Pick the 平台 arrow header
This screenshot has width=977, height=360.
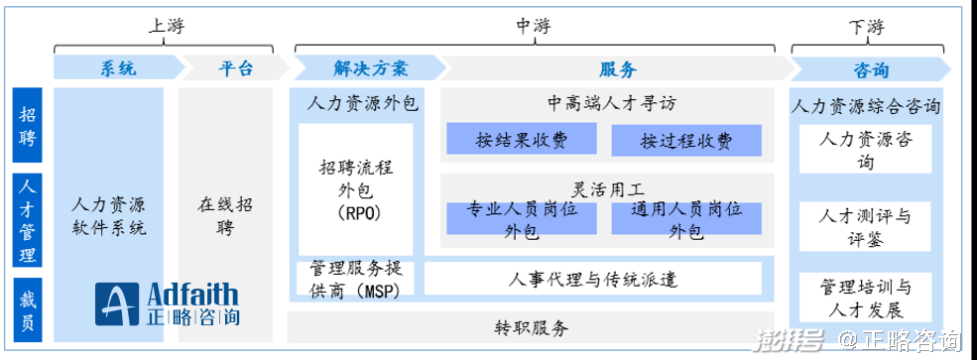point(235,68)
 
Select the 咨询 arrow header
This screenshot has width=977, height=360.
point(870,68)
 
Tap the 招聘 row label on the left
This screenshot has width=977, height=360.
point(28,127)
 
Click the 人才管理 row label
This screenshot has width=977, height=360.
point(28,220)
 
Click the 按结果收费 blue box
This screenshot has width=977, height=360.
point(521,140)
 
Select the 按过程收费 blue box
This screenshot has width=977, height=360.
point(685,140)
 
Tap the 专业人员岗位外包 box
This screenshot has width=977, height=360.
point(521,219)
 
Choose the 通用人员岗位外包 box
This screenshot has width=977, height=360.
point(685,219)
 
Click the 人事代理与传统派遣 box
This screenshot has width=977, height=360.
point(592,280)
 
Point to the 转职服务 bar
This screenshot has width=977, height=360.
point(532,327)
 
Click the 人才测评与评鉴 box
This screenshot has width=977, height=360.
point(866,227)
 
